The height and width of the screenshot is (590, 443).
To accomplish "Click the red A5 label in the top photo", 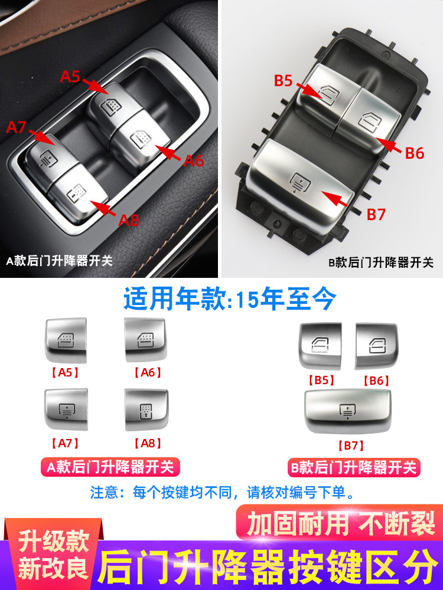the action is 70,76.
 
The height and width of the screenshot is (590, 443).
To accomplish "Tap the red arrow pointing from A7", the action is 41,137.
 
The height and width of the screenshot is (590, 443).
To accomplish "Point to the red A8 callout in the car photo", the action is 129,220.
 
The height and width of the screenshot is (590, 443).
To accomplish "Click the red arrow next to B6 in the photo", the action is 389,145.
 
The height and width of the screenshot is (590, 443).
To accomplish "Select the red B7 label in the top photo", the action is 376,215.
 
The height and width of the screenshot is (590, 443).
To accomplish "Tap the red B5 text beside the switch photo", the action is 284,80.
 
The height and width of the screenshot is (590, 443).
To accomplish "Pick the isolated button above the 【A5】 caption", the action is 66,340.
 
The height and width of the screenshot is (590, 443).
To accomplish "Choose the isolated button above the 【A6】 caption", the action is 145,340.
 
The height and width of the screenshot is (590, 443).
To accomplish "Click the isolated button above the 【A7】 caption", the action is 66,409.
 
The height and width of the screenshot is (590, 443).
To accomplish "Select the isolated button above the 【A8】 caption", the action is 146,410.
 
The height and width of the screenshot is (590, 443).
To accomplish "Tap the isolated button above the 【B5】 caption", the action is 321,345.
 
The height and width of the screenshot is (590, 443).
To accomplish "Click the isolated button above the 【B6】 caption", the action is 376,345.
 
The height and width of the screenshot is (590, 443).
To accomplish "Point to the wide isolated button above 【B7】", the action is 348,411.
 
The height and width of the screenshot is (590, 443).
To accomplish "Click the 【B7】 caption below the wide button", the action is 351,445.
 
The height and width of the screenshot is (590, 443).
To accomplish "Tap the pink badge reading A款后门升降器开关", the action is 110,467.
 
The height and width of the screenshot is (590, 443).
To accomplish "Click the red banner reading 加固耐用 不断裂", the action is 340,523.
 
